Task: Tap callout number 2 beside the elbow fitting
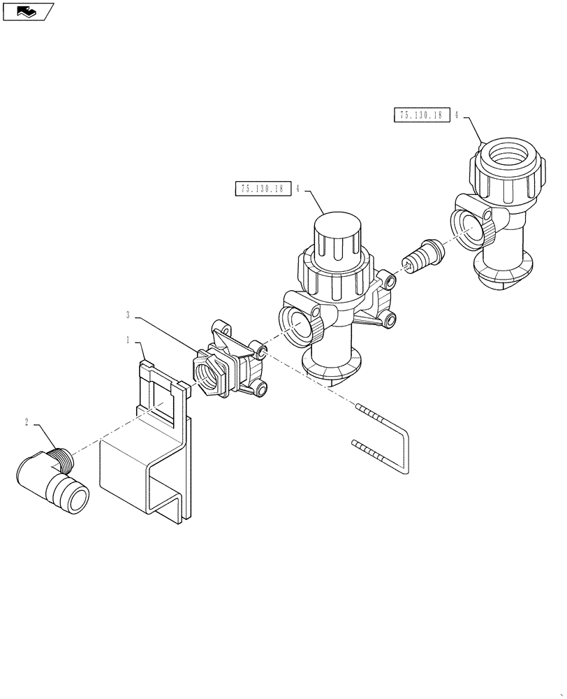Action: [26, 422]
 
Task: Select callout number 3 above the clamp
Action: [128, 315]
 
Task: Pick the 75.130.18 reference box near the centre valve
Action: [263, 189]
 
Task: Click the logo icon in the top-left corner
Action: [27, 10]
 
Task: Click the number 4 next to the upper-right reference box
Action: [456, 117]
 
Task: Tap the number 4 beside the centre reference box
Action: [298, 189]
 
